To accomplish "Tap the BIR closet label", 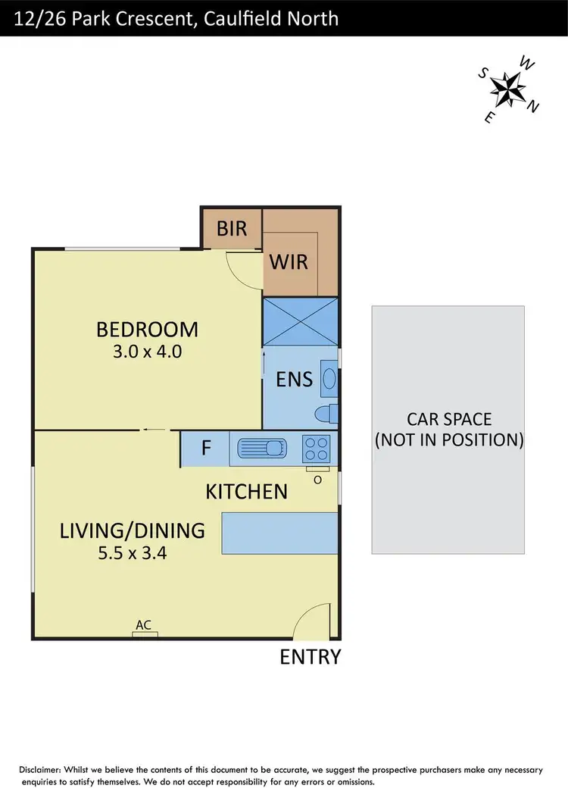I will coord(232,228).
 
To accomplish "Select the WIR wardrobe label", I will coord(289,261).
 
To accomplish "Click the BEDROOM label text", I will coord(147,330).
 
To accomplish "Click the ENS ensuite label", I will coord(294,379).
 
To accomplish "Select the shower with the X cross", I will coord(300,322).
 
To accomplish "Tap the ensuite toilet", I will coord(326,414).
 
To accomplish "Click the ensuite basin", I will coord(329,378).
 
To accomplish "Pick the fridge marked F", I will coord(205,448).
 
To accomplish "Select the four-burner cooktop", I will coord(315,448).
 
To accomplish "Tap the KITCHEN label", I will coord(247,492).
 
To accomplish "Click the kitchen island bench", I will coord(279,533).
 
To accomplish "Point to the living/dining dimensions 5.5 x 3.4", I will coord(133,553).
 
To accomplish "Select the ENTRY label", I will coord(311,657).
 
